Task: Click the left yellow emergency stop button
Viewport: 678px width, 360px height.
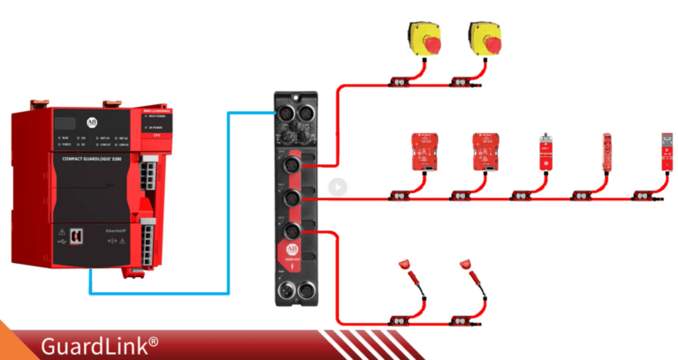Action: [427, 40]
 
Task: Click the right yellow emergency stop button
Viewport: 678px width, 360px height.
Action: [487, 40]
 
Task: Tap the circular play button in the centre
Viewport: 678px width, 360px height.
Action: [336, 186]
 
